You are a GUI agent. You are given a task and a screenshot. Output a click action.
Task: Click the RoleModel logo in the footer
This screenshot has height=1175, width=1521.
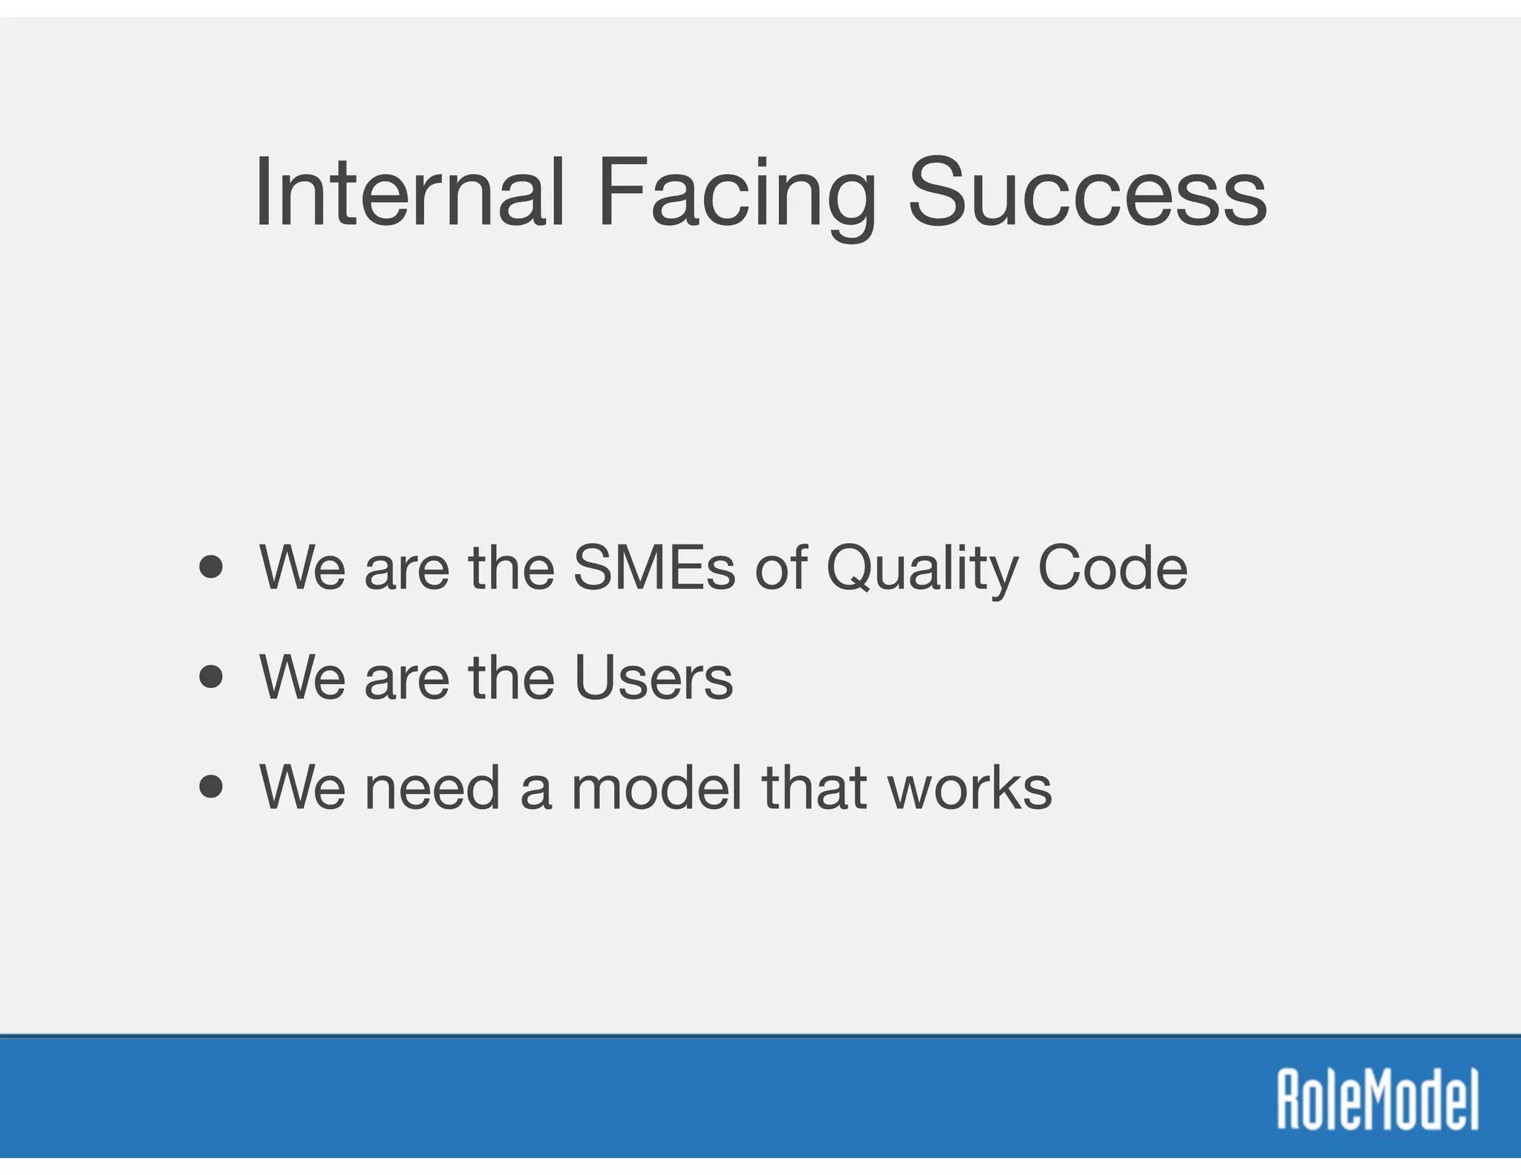(1378, 1099)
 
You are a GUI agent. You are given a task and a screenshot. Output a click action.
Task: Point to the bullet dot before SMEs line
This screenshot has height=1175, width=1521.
(212, 568)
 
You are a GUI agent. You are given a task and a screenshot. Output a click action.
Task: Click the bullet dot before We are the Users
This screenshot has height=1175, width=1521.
(212, 677)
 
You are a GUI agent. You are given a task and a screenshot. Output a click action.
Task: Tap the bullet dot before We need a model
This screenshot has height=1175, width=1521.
(212, 787)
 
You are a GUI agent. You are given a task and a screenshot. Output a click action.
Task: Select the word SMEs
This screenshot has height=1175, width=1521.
(654, 568)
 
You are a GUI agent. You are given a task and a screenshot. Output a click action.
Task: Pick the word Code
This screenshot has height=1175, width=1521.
(1112, 568)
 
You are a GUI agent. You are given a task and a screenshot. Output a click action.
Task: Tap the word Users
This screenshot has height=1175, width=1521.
(654, 677)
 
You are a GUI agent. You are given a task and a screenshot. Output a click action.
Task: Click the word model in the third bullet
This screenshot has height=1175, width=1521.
(657, 787)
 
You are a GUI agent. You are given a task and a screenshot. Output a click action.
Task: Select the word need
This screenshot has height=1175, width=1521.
(432, 787)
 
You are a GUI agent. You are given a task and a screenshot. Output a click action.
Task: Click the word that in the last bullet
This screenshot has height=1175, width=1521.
(815, 787)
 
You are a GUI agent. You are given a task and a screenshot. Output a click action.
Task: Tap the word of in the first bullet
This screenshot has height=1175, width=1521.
(781, 568)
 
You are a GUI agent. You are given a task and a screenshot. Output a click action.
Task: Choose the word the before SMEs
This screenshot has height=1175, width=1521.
(512, 568)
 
